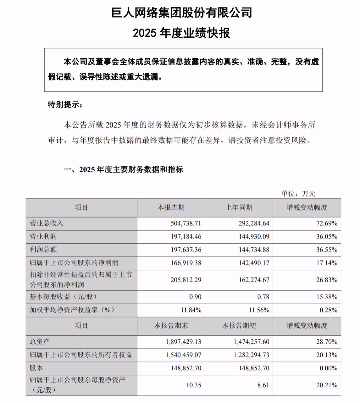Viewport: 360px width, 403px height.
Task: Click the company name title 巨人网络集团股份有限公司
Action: coord(182,13)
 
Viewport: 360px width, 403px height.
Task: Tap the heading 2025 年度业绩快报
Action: coord(182,33)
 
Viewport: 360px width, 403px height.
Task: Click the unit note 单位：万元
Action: coord(298,194)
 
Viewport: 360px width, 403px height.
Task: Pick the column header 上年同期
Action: coord(239,207)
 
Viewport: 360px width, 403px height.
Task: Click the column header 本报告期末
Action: coord(171,325)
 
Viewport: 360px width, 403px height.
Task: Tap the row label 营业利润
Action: coord(43,236)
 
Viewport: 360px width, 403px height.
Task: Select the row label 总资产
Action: coord(40,341)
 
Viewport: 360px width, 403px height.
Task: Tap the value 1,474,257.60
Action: coord(250,342)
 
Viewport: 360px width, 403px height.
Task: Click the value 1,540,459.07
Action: coord(183,355)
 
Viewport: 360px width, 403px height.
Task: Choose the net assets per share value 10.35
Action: coord(194,385)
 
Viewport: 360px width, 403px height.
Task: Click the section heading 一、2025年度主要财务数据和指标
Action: coord(123,170)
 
